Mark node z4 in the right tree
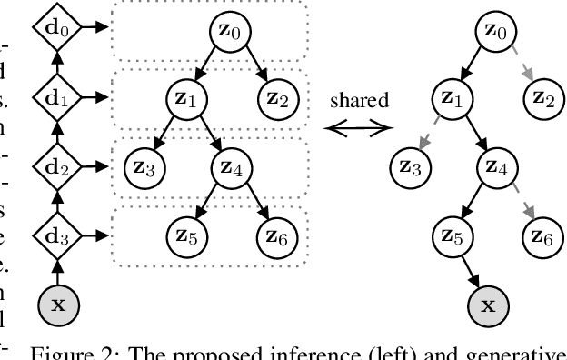click(x=495, y=167)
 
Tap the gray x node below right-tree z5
click(x=495, y=305)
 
